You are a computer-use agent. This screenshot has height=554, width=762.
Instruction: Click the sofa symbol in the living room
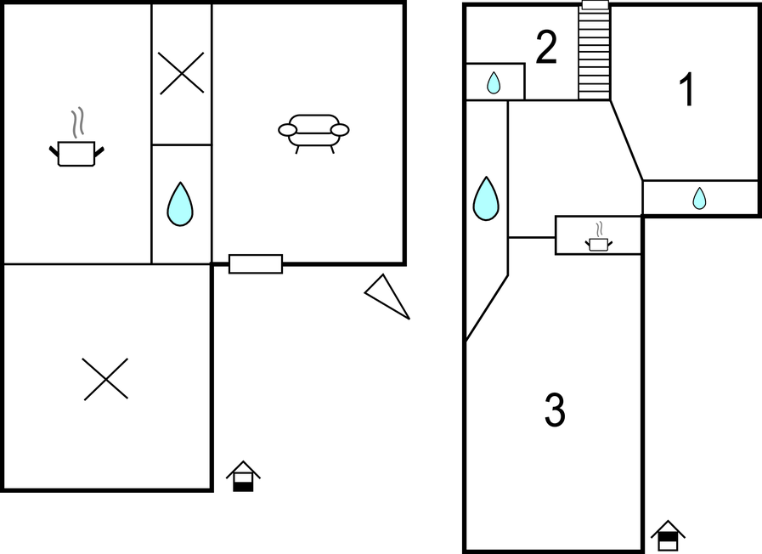tap(313, 133)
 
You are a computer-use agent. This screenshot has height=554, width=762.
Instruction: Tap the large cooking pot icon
tap(76, 153)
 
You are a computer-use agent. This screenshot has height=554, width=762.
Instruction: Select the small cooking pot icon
tap(598, 244)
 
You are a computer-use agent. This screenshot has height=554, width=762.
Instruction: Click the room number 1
tap(687, 89)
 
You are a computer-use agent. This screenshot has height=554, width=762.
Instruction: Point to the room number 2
tap(546, 47)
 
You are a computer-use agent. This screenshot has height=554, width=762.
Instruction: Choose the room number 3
tap(555, 410)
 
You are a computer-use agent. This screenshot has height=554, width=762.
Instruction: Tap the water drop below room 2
tap(494, 82)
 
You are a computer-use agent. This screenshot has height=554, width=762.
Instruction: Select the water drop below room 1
tap(699, 198)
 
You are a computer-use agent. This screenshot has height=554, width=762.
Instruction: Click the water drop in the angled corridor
tap(486, 199)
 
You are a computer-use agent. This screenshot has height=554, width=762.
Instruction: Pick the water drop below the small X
tap(180, 204)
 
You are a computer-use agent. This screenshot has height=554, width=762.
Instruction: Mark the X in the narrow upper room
tap(181, 73)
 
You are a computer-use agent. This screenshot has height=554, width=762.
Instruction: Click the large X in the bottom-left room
tap(105, 379)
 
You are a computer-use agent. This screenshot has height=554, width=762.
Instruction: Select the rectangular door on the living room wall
tap(256, 264)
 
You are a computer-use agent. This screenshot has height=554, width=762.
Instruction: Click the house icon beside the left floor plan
tap(243, 476)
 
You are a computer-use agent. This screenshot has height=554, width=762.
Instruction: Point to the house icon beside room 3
tap(669, 535)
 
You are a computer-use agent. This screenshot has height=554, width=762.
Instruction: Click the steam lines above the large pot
tap(78, 122)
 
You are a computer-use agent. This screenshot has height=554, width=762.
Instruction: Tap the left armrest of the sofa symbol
tap(287, 130)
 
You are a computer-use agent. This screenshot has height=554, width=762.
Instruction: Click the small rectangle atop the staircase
tap(595, 5)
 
